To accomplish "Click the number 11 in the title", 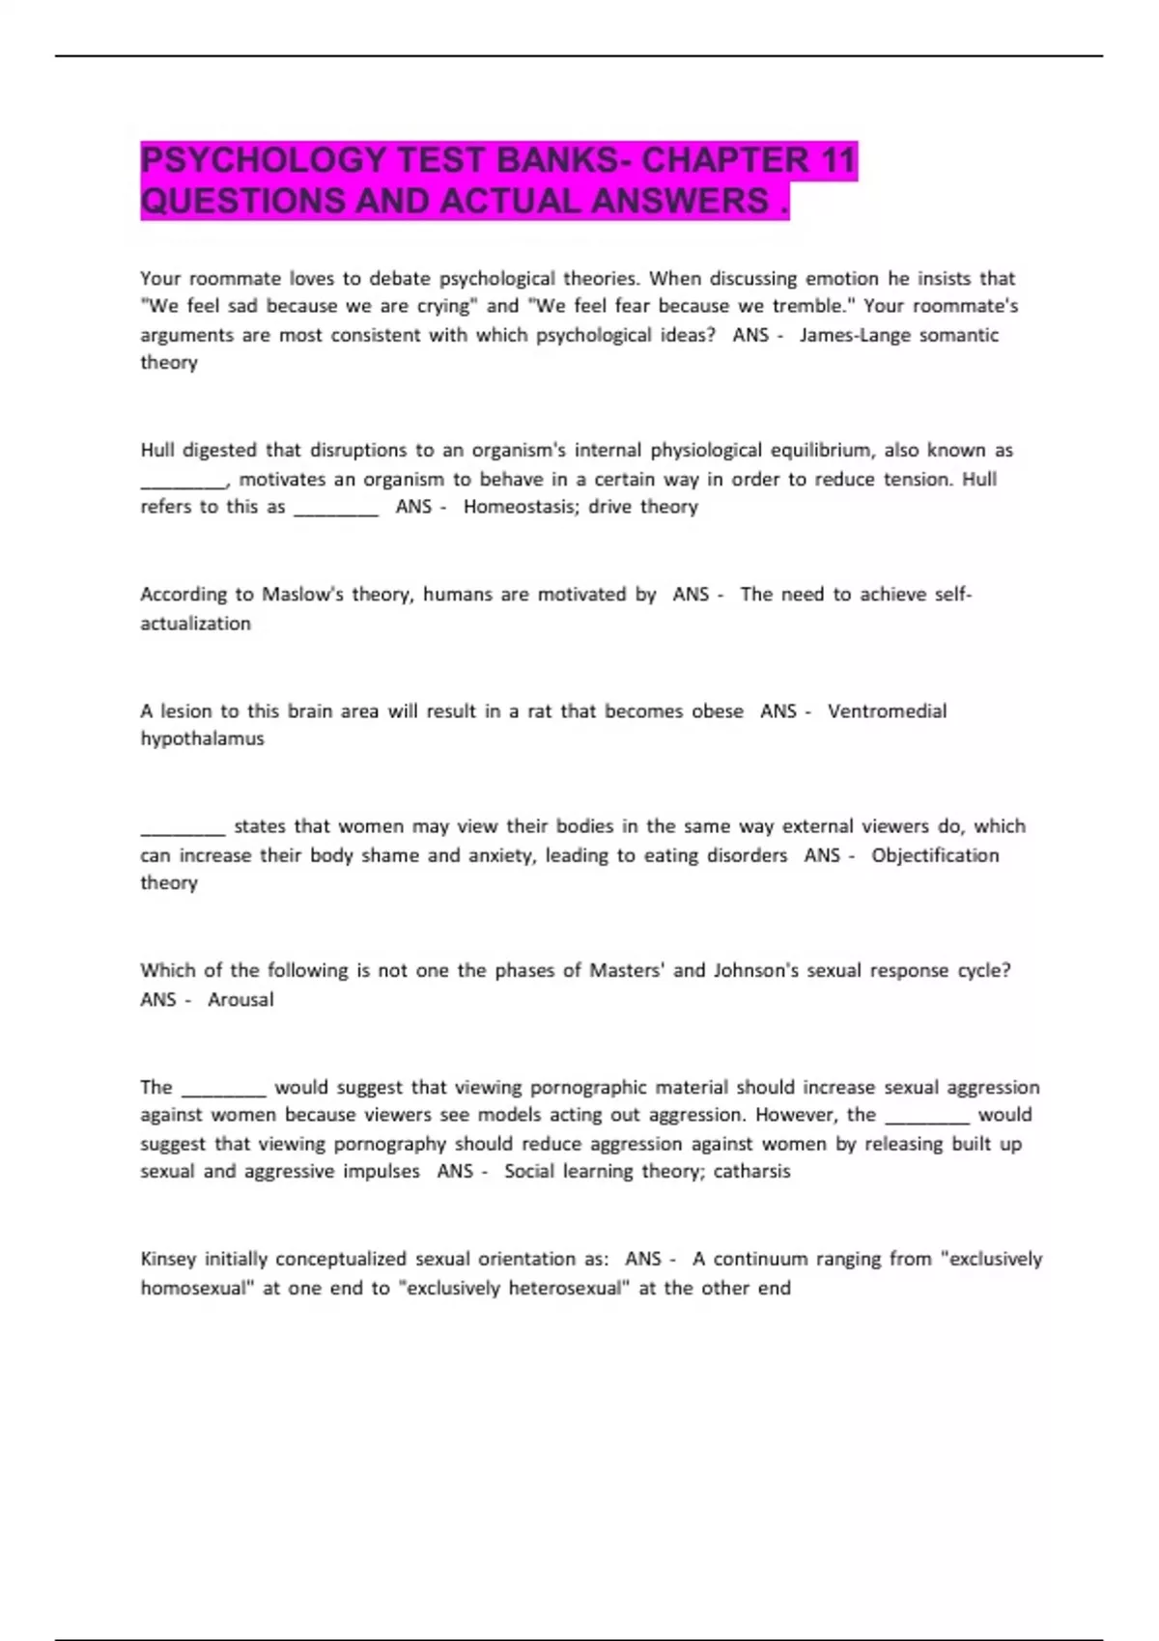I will (x=835, y=160).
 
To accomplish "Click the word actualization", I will (x=195, y=624).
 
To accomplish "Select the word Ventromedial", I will (x=887, y=711).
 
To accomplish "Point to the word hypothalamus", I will (x=202, y=738).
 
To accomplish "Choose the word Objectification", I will (x=935, y=855).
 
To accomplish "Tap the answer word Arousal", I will (x=240, y=1000).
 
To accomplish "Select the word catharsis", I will (x=751, y=1171).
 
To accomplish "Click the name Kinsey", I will (x=168, y=1259).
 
